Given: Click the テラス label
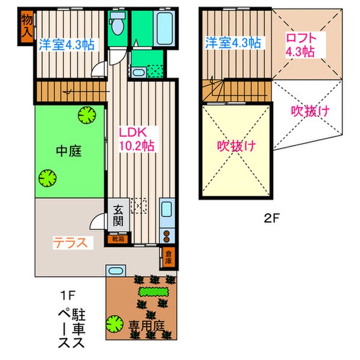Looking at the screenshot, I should point(72,242).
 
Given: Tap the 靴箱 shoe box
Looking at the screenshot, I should point(118,239).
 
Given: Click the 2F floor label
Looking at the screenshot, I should point(272,218).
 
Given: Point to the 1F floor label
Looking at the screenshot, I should point(68,295).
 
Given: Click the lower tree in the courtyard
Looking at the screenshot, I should point(47,177).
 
